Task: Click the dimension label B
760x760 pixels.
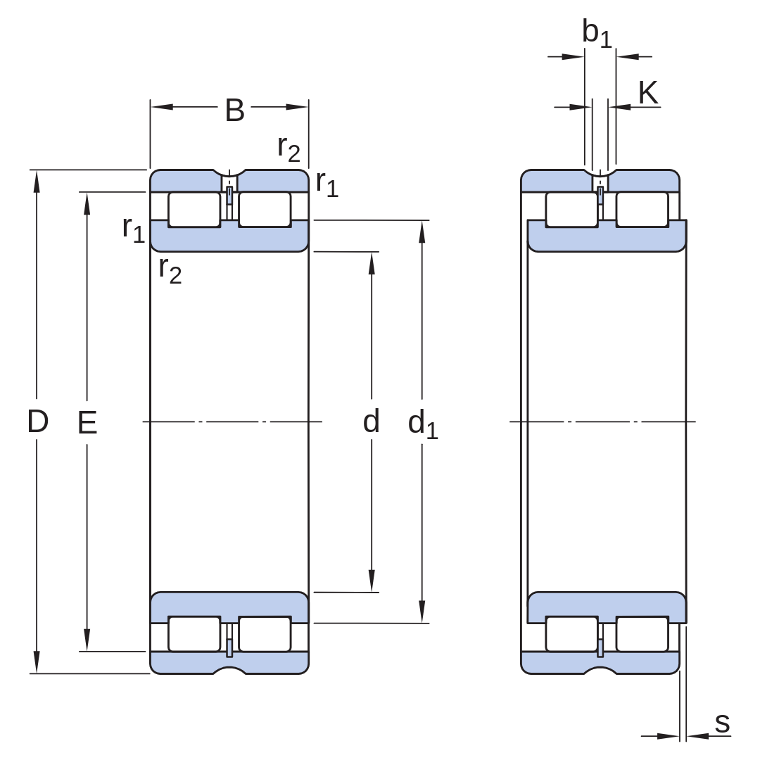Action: [234, 110]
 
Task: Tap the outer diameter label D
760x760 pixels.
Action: [38, 421]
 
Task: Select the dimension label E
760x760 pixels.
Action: [87, 422]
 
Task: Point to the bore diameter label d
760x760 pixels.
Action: [372, 421]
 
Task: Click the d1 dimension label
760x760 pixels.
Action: [423, 424]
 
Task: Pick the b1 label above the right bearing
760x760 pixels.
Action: [597, 33]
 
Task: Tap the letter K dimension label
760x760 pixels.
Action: [648, 93]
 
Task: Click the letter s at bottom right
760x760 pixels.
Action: [722, 723]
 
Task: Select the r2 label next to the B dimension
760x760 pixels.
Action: [289, 148]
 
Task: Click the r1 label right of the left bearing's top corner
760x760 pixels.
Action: [327, 184]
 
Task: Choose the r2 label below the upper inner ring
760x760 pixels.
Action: [170, 270]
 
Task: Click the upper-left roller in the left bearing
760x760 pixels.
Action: [194, 210]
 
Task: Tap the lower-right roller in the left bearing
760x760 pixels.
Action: [265, 634]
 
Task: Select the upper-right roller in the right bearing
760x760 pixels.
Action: [642, 210]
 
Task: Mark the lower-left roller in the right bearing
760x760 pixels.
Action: [571, 634]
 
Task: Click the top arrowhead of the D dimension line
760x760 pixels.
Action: [37, 181]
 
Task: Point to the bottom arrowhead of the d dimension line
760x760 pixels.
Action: [372, 581]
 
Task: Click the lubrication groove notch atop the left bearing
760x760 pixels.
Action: [229, 173]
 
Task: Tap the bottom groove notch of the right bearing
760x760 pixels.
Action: [600, 671]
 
